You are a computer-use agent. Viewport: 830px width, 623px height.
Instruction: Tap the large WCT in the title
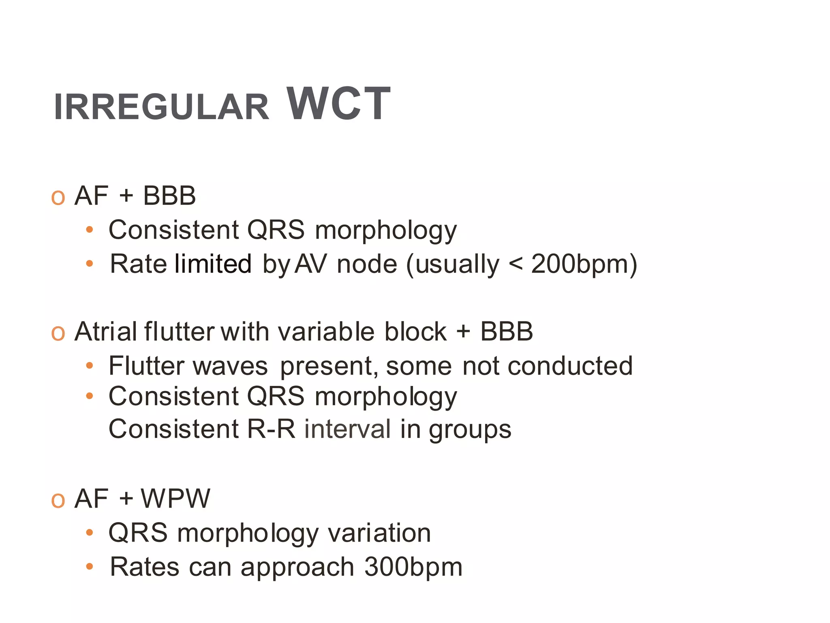(338, 104)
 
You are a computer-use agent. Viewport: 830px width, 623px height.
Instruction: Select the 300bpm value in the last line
(413, 567)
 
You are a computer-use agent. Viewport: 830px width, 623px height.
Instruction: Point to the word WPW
(175, 498)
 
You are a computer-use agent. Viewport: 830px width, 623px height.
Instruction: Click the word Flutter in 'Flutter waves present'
(147, 366)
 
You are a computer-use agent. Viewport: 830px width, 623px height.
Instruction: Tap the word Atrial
(106, 332)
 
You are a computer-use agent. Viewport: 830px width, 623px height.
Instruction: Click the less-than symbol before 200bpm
(515, 264)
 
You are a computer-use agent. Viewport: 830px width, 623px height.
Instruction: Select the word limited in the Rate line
(213, 264)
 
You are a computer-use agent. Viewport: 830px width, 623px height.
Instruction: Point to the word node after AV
(367, 264)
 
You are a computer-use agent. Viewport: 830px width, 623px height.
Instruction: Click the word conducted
(570, 366)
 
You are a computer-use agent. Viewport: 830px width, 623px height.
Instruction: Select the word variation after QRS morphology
(379, 533)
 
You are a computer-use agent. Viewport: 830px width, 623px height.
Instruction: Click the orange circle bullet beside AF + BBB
(58, 198)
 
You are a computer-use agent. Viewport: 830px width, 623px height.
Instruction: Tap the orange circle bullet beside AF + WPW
(58, 501)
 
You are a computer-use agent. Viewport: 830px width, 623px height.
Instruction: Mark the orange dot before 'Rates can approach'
(90, 566)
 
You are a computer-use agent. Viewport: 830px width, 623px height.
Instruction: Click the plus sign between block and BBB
(463, 332)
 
